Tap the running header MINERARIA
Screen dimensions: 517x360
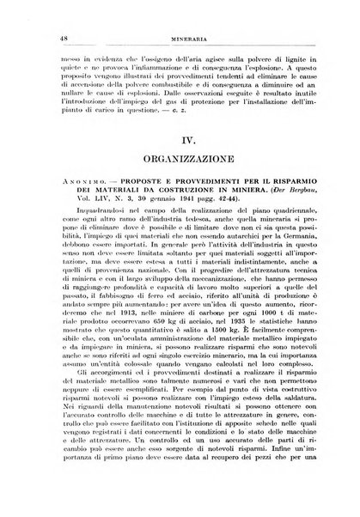tap(180, 30)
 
